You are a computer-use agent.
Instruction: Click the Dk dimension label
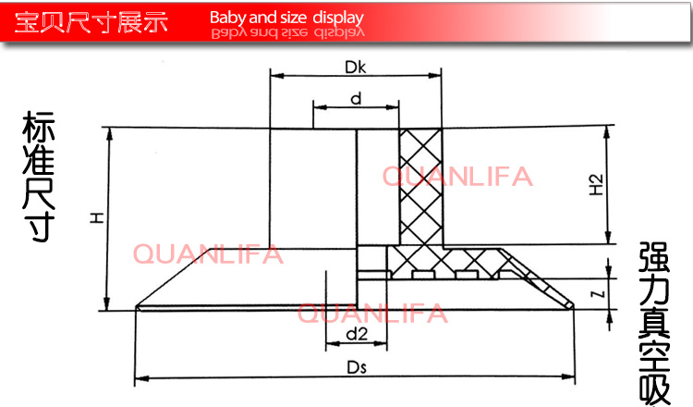pos(356,68)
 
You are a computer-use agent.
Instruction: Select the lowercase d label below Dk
pos(356,98)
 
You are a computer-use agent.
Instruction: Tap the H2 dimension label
pos(596,185)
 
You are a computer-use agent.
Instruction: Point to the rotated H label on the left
pos(97,217)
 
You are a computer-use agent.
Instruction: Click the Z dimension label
pos(598,294)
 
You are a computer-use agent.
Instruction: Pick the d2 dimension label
pos(357,334)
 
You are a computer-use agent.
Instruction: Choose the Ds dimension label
pos(357,367)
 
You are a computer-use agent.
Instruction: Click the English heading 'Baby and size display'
pos(286,18)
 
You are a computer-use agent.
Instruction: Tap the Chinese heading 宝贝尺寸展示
pos(91,21)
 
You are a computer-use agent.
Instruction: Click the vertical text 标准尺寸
pos(39,176)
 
